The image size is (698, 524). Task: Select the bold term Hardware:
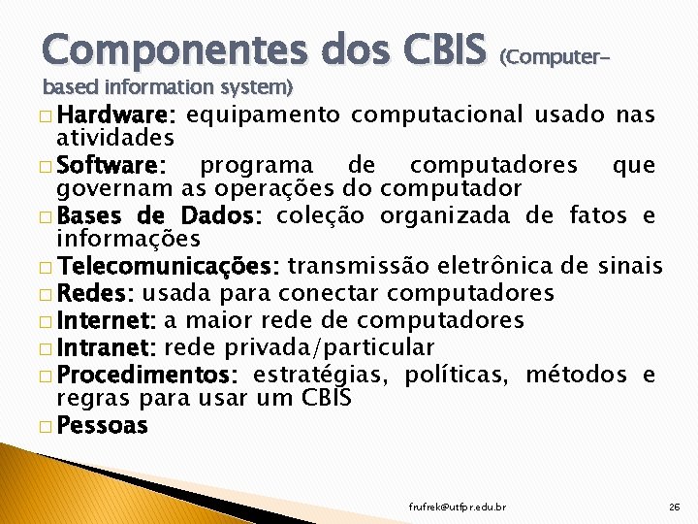click(116, 115)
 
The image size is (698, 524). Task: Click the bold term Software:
click(112, 165)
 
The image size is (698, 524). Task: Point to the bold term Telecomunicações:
click(169, 266)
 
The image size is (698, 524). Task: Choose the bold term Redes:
click(96, 293)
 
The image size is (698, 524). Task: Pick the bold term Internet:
click(107, 320)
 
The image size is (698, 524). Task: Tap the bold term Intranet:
click(108, 347)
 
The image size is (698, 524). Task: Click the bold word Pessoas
click(103, 425)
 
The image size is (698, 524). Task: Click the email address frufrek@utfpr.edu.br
click(459, 507)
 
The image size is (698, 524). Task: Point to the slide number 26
click(675, 507)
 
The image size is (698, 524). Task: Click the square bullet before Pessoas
click(48, 426)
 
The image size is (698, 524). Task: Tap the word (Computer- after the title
click(555, 57)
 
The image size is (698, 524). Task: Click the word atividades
click(115, 139)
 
